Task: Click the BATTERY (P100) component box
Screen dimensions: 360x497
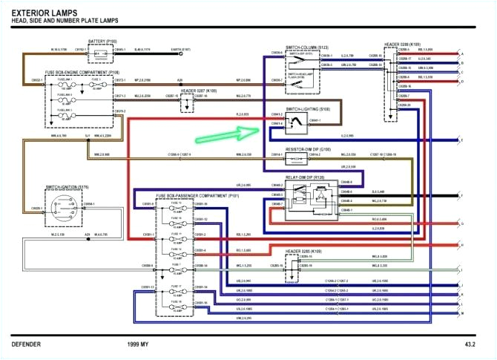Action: [100, 51]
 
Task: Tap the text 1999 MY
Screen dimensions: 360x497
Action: [139, 344]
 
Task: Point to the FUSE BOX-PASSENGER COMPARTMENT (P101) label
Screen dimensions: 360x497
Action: [190, 197]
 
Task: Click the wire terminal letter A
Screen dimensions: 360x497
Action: [461, 53]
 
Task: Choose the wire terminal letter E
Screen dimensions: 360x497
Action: [461, 140]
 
